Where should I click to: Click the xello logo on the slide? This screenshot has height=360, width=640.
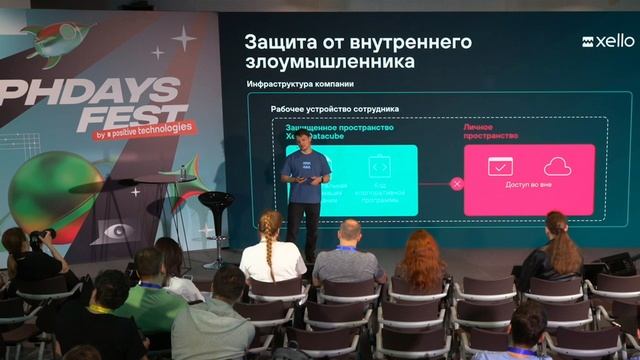pos(608,42)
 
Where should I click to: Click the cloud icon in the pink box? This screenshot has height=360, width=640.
pos(557,167)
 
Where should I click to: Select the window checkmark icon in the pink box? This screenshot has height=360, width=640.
pos(500,167)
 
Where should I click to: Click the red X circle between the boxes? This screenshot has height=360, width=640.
pos(457,183)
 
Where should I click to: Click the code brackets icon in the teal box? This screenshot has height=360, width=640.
pos(378,166)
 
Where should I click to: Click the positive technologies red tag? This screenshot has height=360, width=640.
pos(148,131)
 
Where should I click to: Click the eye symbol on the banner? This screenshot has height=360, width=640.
pos(119,231)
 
